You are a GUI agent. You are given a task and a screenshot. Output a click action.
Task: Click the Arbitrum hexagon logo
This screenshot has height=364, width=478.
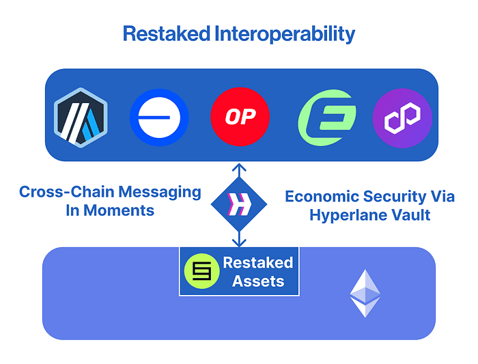pyautogui.click(x=81, y=115)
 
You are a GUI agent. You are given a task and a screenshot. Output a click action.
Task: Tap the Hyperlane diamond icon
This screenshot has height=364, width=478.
pyautogui.click(x=239, y=203)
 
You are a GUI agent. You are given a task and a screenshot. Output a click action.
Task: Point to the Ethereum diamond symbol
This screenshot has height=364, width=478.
pyautogui.click(x=365, y=293)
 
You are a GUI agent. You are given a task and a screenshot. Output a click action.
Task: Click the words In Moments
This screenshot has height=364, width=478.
pyautogui.click(x=110, y=210)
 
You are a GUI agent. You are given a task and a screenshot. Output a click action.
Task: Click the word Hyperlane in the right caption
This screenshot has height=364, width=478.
pyautogui.click(x=350, y=215)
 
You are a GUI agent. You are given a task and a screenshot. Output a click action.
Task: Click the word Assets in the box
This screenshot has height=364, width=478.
pyautogui.click(x=258, y=281)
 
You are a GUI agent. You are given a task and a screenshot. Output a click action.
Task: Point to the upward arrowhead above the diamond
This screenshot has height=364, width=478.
pyautogui.click(x=239, y=167)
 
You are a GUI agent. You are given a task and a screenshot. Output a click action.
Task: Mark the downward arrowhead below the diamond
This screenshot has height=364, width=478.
pyautogui.click(x=239, y=242)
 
